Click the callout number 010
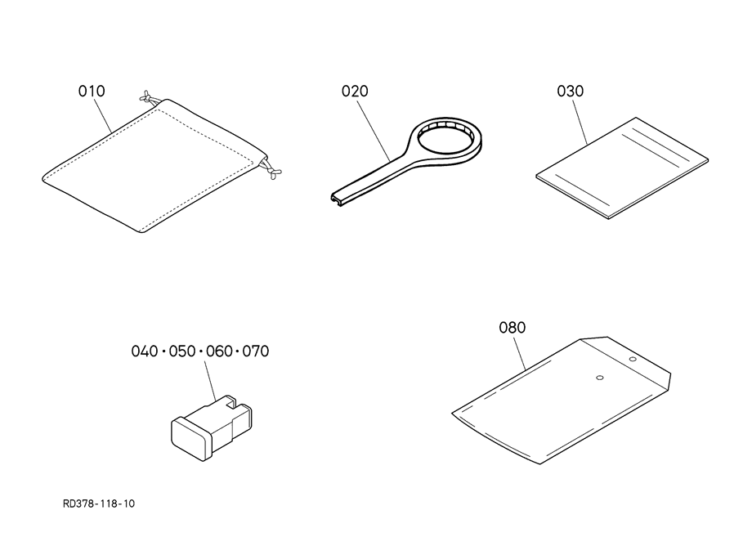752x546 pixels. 92,91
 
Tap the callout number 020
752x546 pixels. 355,91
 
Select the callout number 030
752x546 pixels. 571,91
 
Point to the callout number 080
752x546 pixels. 513,328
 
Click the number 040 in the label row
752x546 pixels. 145,351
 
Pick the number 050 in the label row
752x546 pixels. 181,351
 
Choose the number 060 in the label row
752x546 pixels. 219,351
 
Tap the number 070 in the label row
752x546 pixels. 256,351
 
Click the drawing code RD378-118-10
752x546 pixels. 99,503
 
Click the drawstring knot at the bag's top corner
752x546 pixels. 149,97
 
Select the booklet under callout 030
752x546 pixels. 622,168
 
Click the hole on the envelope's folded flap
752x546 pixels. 633,359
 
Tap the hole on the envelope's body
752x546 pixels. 599,378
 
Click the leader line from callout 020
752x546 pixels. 373,129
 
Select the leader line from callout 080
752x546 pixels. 520,353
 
